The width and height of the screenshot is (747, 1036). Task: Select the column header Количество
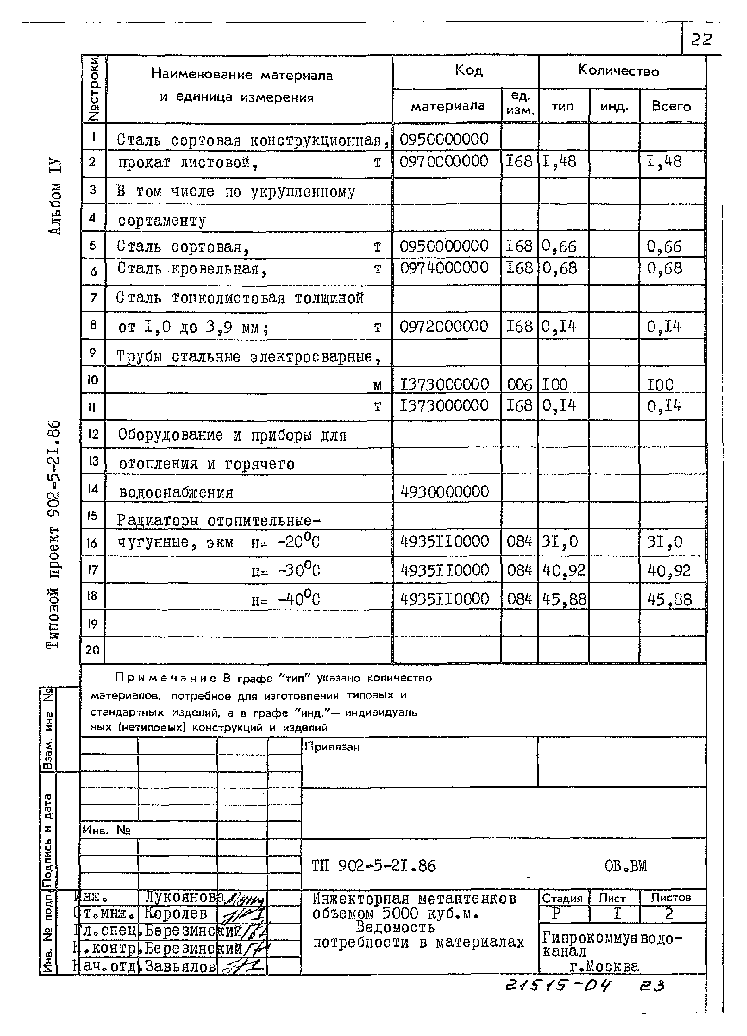tap(618, 71)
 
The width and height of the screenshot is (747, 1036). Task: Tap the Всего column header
tap(671, 106)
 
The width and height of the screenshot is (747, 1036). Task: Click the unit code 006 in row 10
tap(520, 385)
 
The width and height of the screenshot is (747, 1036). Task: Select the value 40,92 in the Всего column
tap(669, 570)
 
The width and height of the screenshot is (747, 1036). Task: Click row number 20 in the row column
tap(93, 650)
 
